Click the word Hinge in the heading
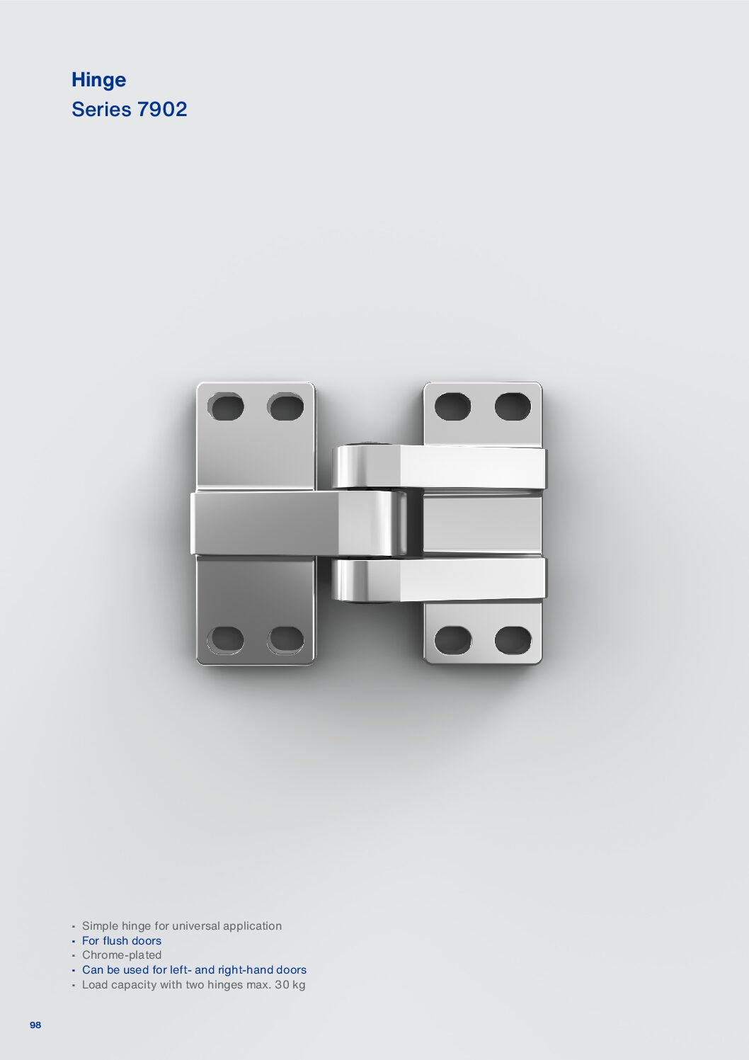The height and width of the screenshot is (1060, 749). point(98,80)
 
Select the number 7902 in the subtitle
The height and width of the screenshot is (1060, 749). point(162,109)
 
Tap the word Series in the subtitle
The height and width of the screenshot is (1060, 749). point(101,109)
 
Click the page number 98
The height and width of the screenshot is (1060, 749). point(35,1025)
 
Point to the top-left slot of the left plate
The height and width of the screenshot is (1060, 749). point(226,407)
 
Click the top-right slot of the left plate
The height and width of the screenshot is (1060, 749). point(285,407)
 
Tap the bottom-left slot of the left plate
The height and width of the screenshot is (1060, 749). point(226,639)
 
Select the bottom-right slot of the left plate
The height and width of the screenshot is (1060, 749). point(285,639)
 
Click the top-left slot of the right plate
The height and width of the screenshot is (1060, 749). point(452,407)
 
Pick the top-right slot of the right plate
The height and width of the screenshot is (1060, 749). point(513,407)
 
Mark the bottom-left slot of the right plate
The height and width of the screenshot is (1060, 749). point(452,639)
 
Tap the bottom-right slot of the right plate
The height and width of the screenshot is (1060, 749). point(513,639)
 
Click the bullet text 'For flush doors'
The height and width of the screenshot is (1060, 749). point(122,940)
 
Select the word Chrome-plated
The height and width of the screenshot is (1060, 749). point(122,954)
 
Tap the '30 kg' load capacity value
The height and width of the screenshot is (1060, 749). point(290,984)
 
